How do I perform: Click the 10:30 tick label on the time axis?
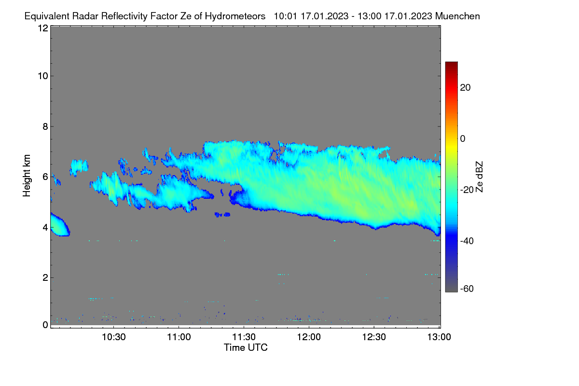click(x=114, y=337)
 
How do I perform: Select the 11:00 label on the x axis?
click(x=179, y=337)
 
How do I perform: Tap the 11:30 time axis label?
click(x=244, y=337)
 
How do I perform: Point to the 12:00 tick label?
click(x=309, y=337)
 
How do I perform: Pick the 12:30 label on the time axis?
click(x=374, y=337)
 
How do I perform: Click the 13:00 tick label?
click(x=439, y=337)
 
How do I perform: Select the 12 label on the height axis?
click(x=43, y=28)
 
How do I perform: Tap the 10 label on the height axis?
click(x=43, y=76)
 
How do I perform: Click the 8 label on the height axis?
click(x=45, y=126)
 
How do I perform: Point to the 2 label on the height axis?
click(x=45, y=277)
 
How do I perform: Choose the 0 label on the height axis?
click(x=45, y=325)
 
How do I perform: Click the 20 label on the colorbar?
click(x=465, y=88)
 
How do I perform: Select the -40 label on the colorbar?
click(x=467, y=241)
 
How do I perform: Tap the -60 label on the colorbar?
click(x=467, y=289)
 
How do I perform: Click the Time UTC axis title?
click(x=246, y=347)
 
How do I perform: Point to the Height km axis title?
click(x=27, y=176)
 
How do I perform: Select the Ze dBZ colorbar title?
click(x=479, y=177)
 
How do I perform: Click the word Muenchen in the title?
click(x=457, y=16)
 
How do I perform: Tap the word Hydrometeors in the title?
click(x=235, y=16)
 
